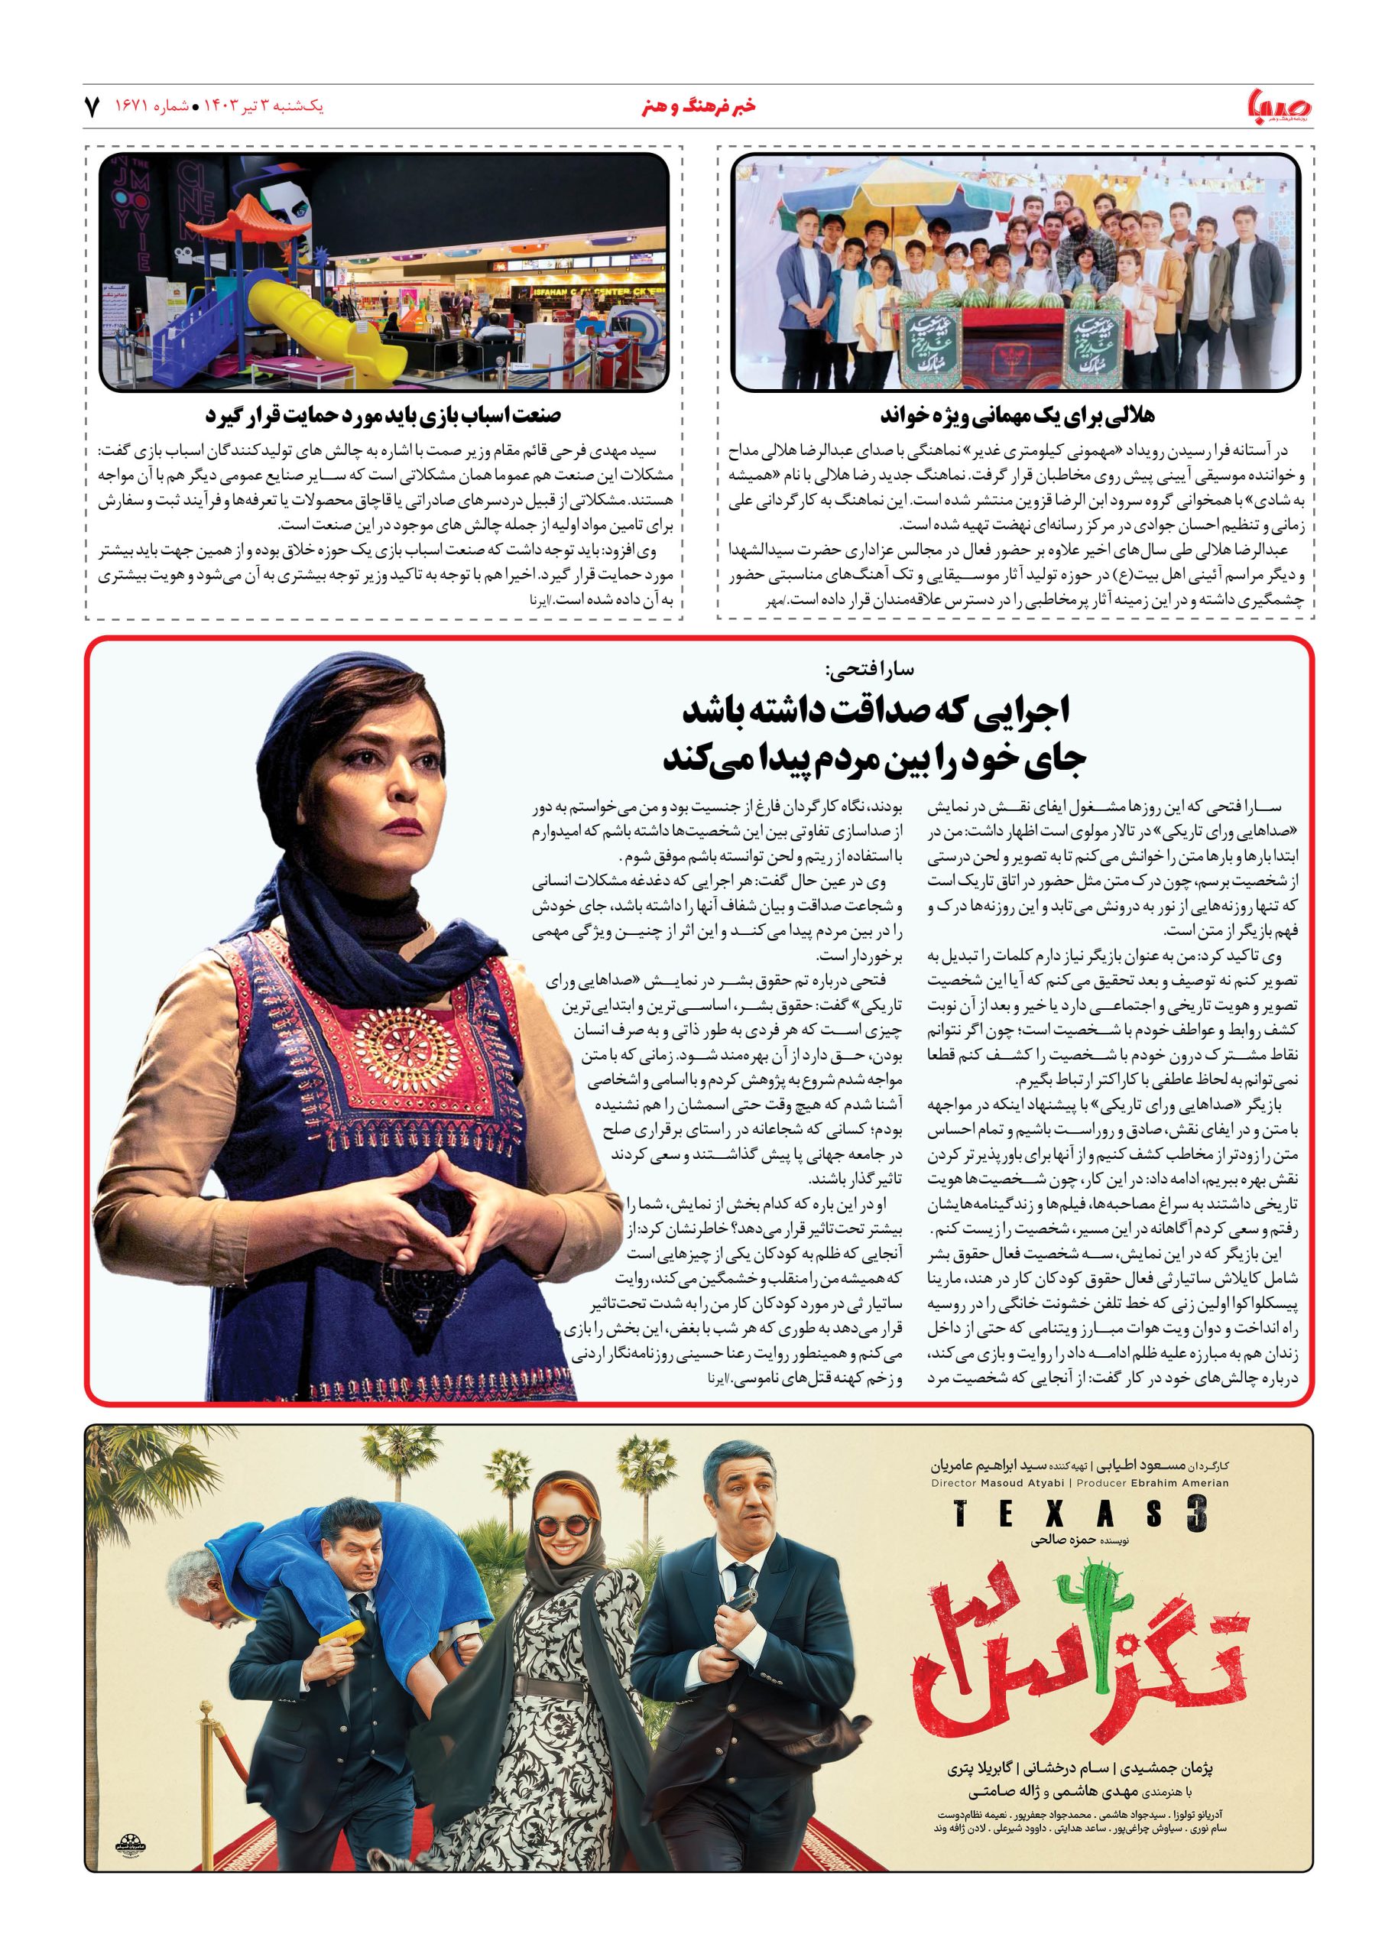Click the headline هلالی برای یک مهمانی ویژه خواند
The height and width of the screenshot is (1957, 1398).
[1017, 416]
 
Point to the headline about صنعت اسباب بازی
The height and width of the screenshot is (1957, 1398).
[383, 416]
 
